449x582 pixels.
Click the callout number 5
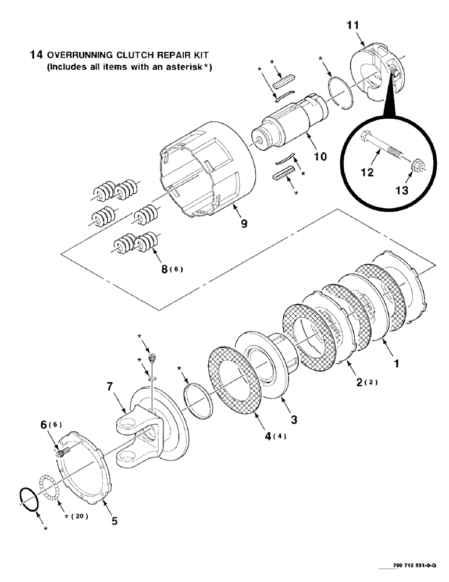[114, 521]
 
